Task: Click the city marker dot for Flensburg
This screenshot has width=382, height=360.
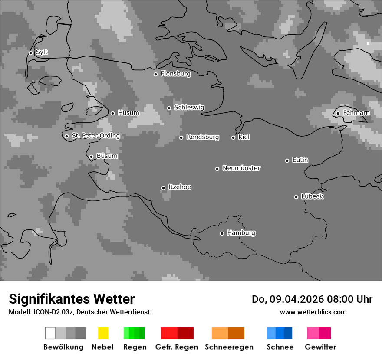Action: click(155, 74)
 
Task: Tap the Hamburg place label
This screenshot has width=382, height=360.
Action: click(241, 233)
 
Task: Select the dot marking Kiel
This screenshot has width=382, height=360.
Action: click(233, 137)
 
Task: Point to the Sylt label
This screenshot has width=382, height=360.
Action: click(42, 52)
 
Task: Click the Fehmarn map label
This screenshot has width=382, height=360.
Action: click(356, 113)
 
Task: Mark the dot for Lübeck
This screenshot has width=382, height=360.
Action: click(296, 197)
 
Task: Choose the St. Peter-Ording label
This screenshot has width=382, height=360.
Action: click(95, 136)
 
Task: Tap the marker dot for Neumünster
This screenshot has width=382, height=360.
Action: click(217, 169)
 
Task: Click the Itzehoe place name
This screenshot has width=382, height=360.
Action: click(180, 187)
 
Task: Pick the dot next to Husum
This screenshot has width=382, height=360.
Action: click(112, 113)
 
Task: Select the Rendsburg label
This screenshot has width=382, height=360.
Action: click(203, 137)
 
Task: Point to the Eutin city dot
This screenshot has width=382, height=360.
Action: click(287, 160)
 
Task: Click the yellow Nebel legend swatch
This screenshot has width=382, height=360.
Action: click(103, 333)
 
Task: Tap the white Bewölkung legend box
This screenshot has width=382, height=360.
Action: click(50, 333)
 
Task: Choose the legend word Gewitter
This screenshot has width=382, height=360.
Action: click(320, 347)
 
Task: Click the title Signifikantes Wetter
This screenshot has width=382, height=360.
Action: click(72, 299)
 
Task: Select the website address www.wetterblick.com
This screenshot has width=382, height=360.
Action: click(313, 312)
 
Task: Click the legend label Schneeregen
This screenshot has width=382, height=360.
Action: click(229, 347)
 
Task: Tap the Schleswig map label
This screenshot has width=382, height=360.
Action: click(189, 107)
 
